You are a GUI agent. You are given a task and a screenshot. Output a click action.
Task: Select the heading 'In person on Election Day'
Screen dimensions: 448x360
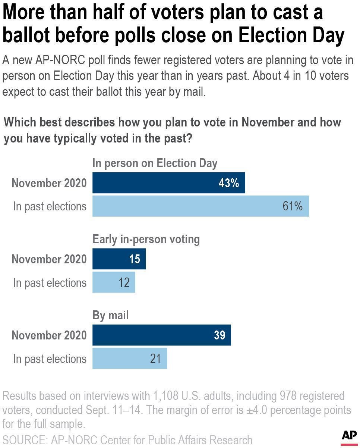pos(155,163)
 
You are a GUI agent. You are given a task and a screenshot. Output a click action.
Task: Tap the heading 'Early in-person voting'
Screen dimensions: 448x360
pos(146,239)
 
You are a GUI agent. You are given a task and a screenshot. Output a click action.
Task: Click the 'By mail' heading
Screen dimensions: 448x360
pos(110,315)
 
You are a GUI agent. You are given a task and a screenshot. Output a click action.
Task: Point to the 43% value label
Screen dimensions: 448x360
pos(229,183)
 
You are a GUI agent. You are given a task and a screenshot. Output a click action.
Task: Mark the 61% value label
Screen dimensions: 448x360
pos(293,206)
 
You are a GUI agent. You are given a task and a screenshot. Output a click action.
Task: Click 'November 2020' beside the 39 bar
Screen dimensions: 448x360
pos(49,335)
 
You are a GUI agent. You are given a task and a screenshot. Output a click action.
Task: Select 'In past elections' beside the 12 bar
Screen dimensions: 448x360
pos(50,283)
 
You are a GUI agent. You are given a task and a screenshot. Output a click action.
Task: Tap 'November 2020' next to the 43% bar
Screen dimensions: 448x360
pos(49,183)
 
